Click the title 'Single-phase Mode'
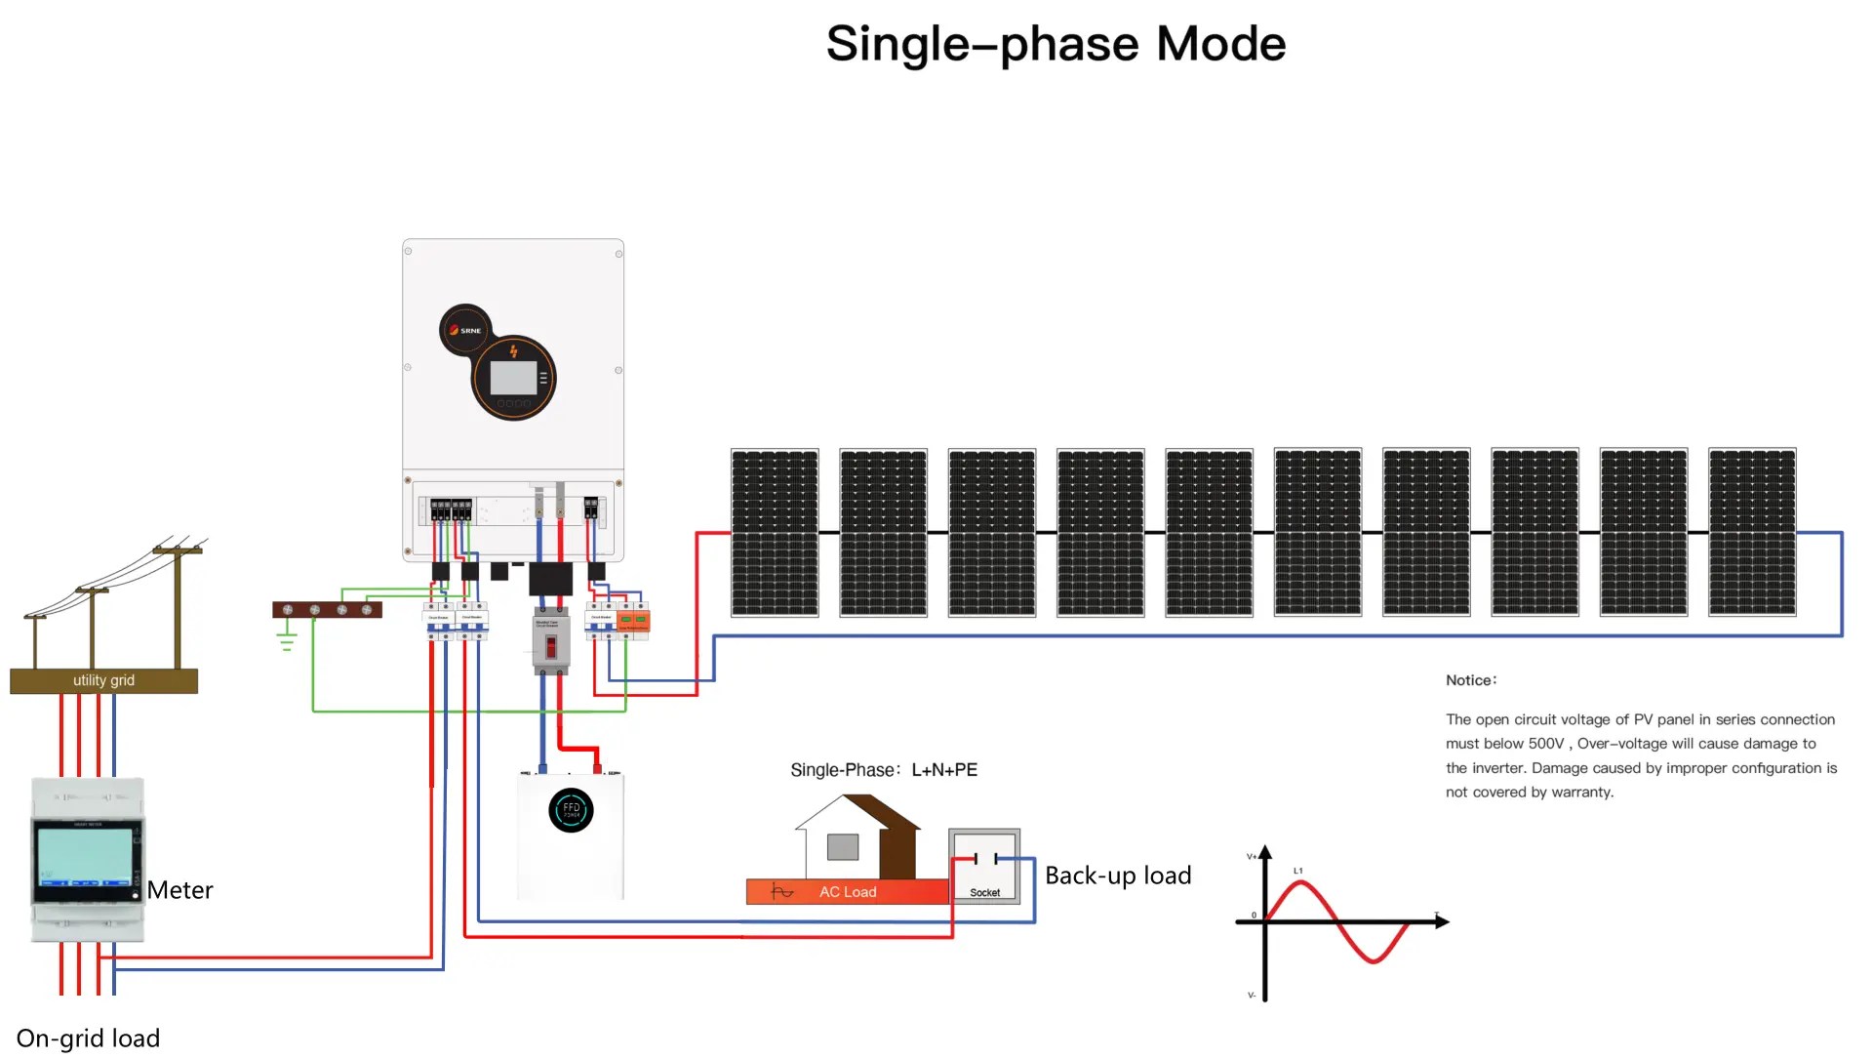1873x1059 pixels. (x=1056, y=44)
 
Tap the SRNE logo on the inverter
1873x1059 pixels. (x=465, y=330)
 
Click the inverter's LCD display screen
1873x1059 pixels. (x=513, y=378)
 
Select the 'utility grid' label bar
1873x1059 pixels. (x=103, y=680)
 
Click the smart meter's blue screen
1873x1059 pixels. (x=85, y=856)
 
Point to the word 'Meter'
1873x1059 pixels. (x=179, y=890)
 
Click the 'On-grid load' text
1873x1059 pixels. (x=88, y=1038)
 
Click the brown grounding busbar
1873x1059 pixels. (x=327, y=610)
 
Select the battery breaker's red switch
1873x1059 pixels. (x=550, y=646)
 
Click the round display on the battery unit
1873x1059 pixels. (x=571, y=810)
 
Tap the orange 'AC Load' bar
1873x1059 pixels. (x=847, y=891)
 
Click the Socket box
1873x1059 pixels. (x=984, y=866)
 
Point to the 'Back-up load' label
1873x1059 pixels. (x=1118, y=876)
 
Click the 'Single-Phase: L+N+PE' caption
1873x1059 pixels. (x=884, y=770)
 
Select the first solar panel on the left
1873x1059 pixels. (x=775, y=532)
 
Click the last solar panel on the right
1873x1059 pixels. (x=1752, y=532)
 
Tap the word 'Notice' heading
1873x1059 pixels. (x=1470, y=680)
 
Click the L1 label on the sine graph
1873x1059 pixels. (x=1297, y=871)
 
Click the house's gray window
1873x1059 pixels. (x=843, y=846)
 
